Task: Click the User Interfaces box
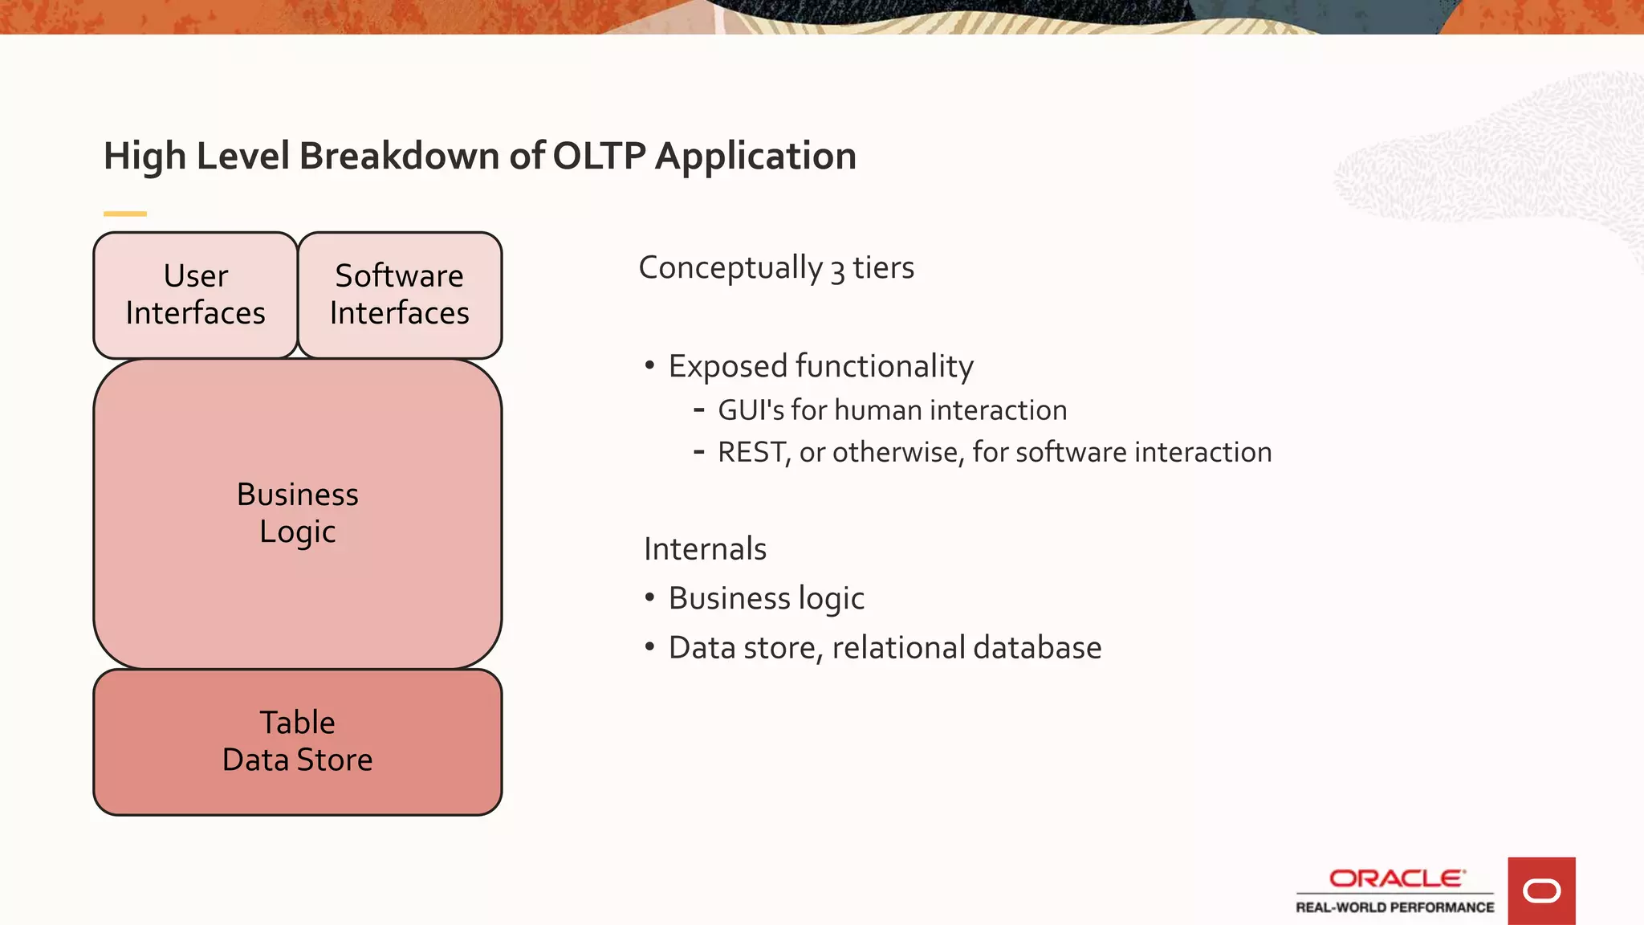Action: coord(196,295)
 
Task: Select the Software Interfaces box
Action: coord(400,295)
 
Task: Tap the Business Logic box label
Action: coord(298,512)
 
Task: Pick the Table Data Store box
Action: coord(298,741)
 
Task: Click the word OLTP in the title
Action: coord(599,156)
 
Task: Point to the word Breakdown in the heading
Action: coord(399,156)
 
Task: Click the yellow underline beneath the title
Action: coord(125,214)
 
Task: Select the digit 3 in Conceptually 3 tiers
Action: coord(837,271)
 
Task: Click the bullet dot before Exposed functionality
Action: coord(649,366)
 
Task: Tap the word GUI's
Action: coord(751,410)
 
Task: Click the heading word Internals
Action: coord(705,549)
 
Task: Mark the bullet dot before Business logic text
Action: coord(649,598)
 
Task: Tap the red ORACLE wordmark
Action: coord(1397,878)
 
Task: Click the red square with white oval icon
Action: coord(1541,890)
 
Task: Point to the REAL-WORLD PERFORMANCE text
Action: coord(1395,907)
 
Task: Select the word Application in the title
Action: coord(755,156)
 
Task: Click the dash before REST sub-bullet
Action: coord(699,452)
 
